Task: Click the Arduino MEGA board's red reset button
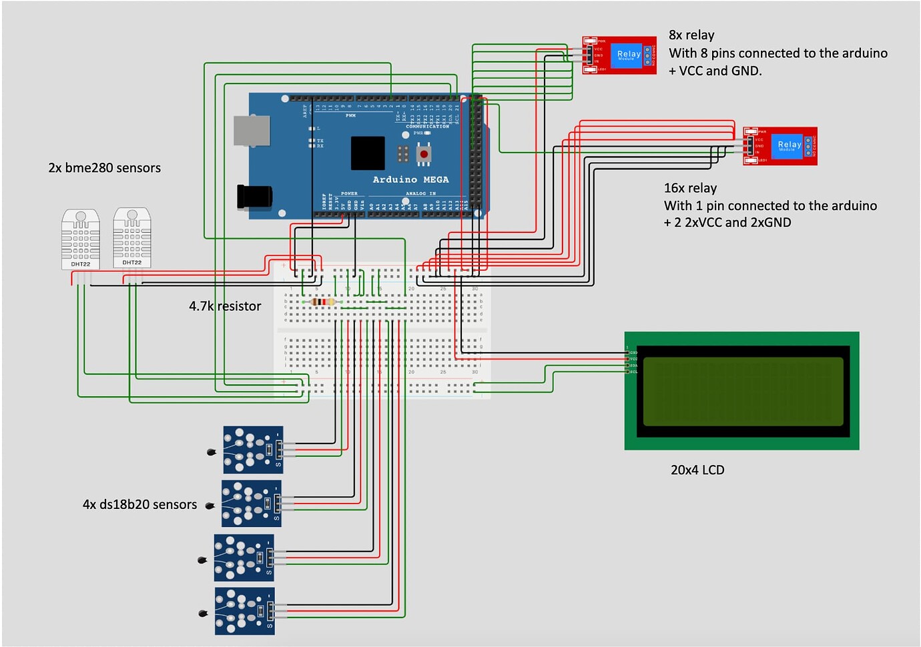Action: [424, 155]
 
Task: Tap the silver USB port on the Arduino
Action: [252, 131]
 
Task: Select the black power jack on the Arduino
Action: [254, 196]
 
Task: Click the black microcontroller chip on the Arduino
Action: [368, 153]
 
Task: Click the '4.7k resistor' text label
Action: [225, 306]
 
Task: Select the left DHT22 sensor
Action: [81, 239]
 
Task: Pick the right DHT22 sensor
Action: [132, 237]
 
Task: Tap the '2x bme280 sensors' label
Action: [104, 168]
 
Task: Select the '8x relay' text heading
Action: [691, 35]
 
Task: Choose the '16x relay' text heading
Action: [690, 188]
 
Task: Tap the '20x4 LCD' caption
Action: [697, 470]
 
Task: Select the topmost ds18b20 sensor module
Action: [253, 450]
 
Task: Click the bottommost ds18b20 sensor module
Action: [244, 611]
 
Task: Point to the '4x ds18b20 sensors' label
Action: [139, 505]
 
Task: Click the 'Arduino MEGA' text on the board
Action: [410, 180]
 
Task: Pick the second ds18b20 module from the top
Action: [251, 504]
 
